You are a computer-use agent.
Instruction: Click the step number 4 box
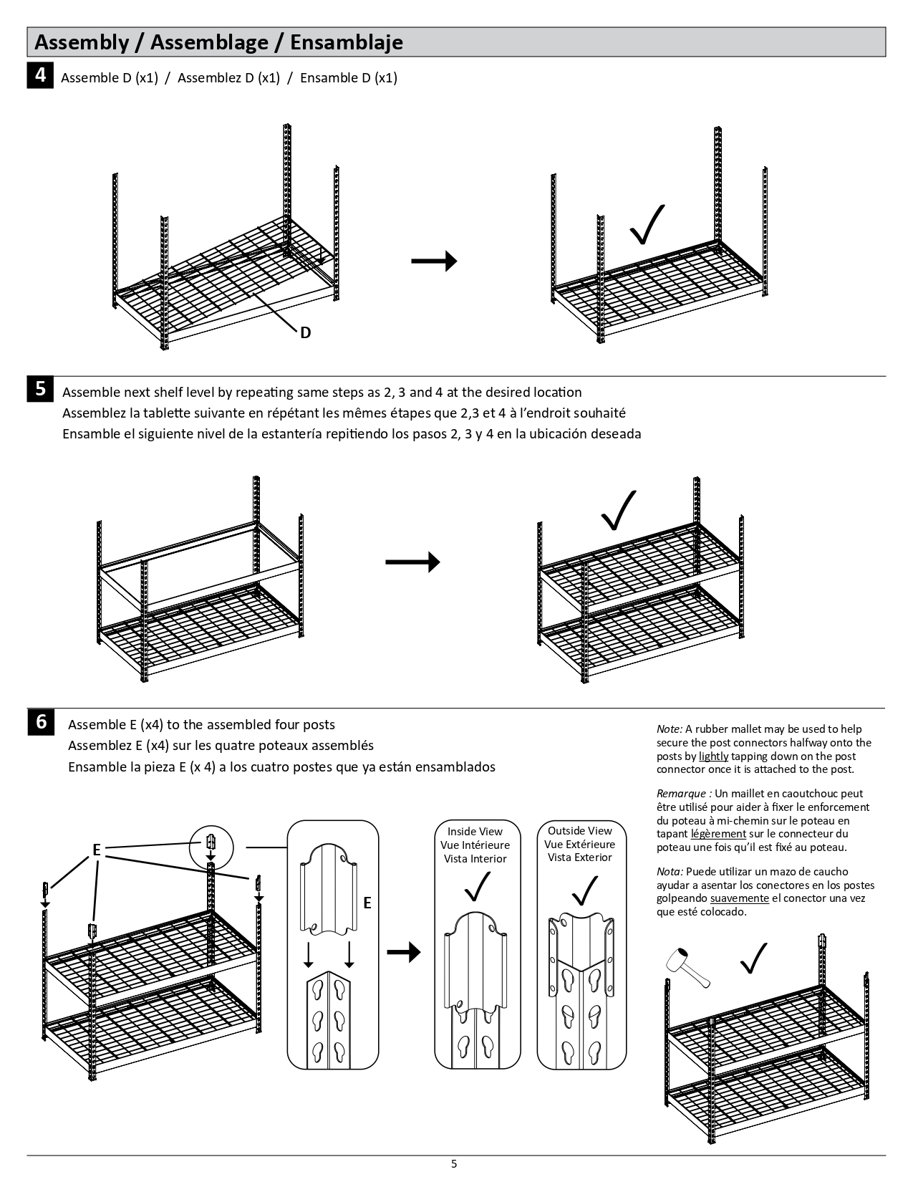coord(40,75)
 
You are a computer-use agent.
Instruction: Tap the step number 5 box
coord(40,389)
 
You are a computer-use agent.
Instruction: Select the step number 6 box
coord(40,721)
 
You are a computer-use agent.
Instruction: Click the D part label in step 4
coord(306,333)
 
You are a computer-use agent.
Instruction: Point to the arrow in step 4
coord(434,261)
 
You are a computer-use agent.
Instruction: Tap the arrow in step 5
coord(412,562)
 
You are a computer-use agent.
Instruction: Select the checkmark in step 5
coord(619,511)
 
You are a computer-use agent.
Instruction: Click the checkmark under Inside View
coord(477,887)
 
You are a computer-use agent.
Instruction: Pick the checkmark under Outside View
coord(584,890)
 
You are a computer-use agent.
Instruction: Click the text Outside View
coord(580,831)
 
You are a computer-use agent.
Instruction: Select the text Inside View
coord(475,832)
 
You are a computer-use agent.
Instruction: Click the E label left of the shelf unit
coord(97,851)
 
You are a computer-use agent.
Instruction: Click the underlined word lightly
coord(713,756)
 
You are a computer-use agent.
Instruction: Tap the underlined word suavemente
coord(740,898)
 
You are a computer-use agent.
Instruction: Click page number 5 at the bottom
coord(454,1164)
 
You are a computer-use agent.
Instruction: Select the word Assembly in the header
coord(78,42)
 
